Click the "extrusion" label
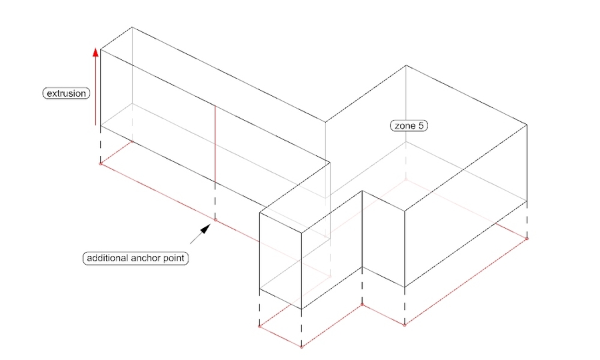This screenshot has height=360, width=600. click(66, 93)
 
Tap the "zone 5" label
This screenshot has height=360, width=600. click(409, 125)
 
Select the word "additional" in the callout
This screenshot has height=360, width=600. click(107, 258)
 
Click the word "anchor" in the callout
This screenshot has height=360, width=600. click(146, 258)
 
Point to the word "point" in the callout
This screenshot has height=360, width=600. click(174, 258)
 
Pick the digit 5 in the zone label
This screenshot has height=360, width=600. click(421, 125)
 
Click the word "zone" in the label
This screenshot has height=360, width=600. click(405, 126)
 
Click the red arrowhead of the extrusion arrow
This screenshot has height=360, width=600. click(95, 52)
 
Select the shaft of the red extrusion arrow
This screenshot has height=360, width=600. click(95, 91)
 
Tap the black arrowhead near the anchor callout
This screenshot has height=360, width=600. click(206, 229)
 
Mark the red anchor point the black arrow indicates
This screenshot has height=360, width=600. click(215, 221)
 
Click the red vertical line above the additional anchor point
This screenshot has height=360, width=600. click(215, 144)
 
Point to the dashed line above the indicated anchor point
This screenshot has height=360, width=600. click(215, 201)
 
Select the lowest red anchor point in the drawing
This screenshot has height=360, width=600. click(301, 347)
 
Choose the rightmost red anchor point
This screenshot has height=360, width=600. click(527, 239)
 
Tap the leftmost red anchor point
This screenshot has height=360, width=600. click(101, 164)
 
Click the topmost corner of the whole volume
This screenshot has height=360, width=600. click(132, 27)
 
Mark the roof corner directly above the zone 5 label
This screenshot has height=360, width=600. click(406, 65)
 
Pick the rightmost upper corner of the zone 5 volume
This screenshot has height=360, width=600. click(527, 125)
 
